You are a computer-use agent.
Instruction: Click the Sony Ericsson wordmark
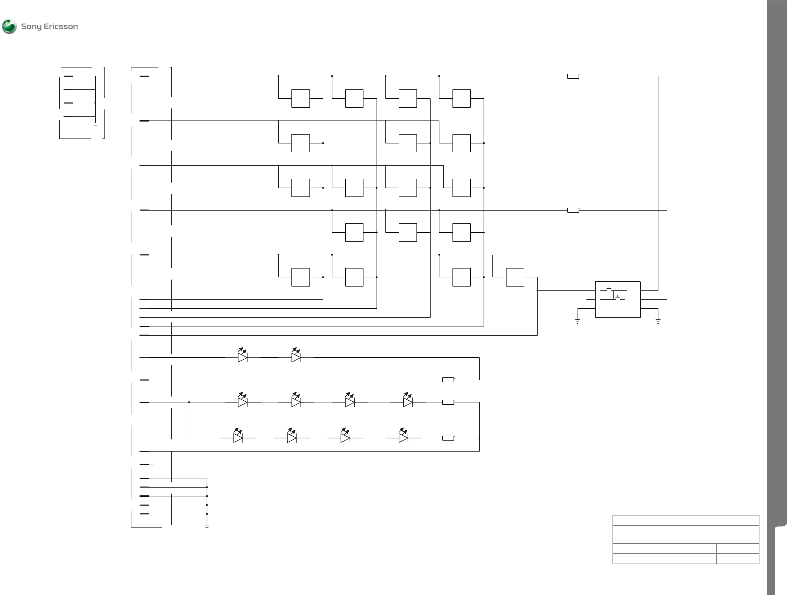pos(49,27)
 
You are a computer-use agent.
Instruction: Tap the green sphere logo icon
pos(9,27)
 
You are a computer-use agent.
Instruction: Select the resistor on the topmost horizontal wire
pos(573,76)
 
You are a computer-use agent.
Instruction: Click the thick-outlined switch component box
pos(618,300)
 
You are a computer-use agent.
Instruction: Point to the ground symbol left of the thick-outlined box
pos(578,322)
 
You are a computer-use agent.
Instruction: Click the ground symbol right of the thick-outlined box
pos(658,322)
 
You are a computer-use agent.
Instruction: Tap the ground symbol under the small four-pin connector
pos(95,125)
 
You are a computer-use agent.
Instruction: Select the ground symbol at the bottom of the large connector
pos(207,527)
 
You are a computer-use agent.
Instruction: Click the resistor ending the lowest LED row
pos(448,438)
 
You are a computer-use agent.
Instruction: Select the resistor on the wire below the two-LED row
pos(448,380)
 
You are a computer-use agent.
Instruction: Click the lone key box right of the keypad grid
pos(515,277)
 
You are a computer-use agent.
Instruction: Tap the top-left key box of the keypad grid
pos(301,99)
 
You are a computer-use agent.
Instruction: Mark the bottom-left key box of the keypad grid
pos(301,277)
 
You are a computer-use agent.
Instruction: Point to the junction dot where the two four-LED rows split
pos(189,402)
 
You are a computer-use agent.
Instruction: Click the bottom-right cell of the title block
pos(738,559)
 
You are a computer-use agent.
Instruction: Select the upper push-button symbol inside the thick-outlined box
pos(609,288)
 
